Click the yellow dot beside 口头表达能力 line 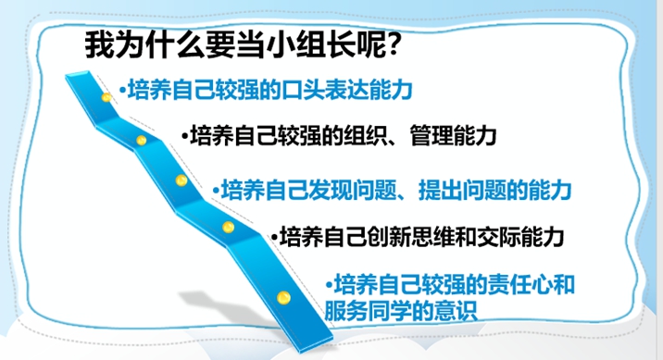pos(106,97)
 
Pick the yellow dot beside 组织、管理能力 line pos(142,141)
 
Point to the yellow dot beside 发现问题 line pos(181,180)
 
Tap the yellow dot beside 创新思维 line pos(229,228)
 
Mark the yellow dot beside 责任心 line pos(283,297)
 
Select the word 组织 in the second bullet pos(365,136)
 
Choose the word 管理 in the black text pos(432,136)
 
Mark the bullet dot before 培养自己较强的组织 pos(185,136)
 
